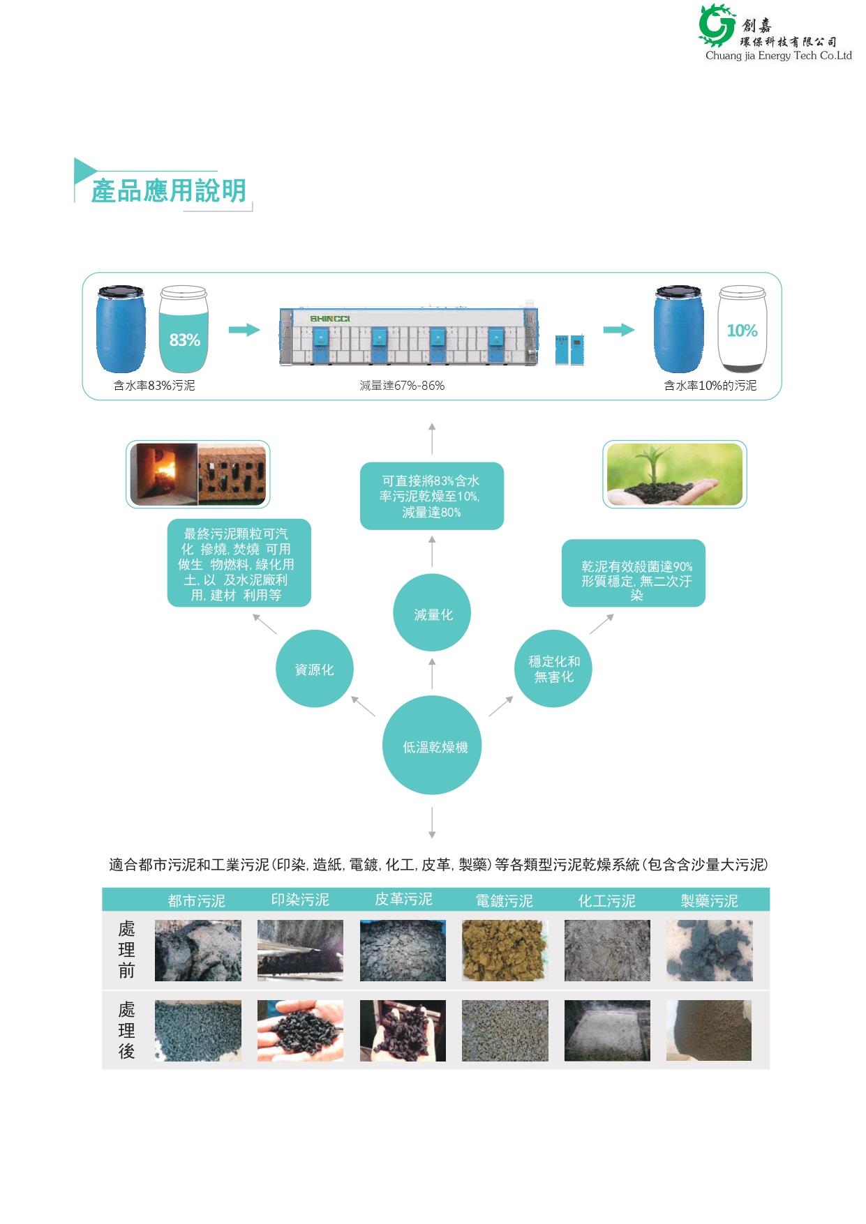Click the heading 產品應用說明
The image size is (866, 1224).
click(168, 190)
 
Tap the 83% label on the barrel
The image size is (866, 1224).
click(184, 340)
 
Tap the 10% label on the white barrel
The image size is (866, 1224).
click(742, 331)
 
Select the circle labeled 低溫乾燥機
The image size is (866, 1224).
click(432, 746)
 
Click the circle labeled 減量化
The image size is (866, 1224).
click(433, 614)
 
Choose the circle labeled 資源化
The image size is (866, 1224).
click(314, 669)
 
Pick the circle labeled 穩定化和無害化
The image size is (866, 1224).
click(554, 669)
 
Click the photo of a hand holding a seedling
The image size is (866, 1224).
click(674, 474)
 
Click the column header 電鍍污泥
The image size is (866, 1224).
click(504, 900)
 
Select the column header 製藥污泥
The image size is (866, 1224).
click(709, 900)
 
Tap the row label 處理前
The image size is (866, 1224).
click(126, 949)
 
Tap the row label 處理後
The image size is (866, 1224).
click(126, 1030)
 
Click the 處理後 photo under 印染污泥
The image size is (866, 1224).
click(300, 1030)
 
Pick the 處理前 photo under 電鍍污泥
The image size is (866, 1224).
click(505, 950)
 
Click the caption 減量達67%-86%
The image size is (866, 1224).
click(402, 386)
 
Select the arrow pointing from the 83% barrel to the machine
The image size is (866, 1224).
click(244, 330)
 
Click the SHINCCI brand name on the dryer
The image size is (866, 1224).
click(329, 318)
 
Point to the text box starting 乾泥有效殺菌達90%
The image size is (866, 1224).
click(634, 573)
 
